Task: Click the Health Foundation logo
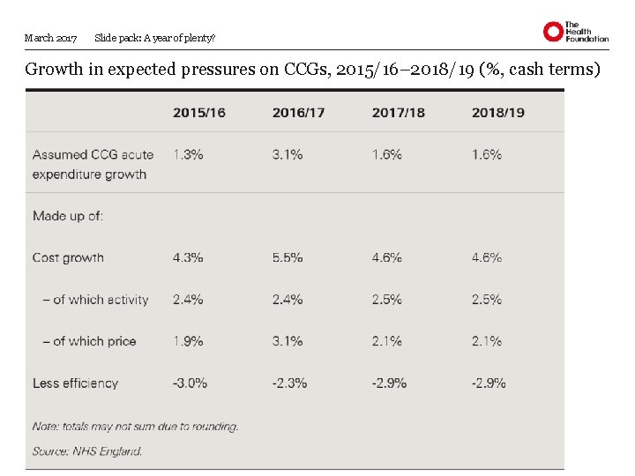coord(575,32)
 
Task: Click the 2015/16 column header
coord(198,112)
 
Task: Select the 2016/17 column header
coord(298,112)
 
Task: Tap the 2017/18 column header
coord(398,112)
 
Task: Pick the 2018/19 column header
coord(497,112)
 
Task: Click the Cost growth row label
coord(68,257)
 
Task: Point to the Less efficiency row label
coord(75,383)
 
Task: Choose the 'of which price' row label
coord(89,341)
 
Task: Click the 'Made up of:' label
coord(68,215)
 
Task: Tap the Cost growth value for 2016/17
coord(288,257)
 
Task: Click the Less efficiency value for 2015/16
coord(190,383)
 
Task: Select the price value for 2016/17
coord(288,341)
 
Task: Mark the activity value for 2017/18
coord(387,300)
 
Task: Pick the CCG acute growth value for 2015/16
coord(188,154)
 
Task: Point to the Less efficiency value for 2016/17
coord(289,383)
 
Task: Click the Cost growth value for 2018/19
coord(487,257)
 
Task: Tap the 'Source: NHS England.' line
coord(87,450)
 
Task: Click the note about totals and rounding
coord(135,426)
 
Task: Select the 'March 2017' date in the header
coord(51,38)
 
